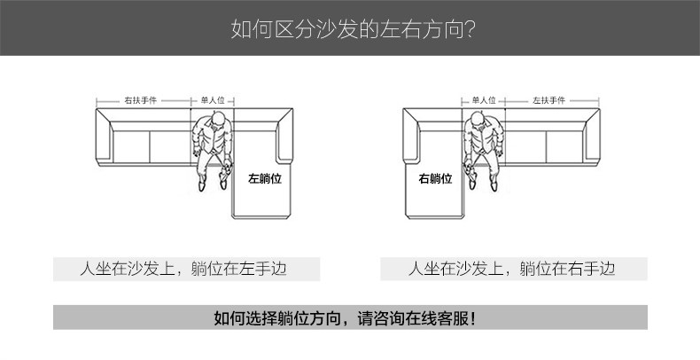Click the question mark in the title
click(471, 30)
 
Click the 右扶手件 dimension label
click(140, 100)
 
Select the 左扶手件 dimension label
click(549, 100)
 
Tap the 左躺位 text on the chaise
click(264, 177)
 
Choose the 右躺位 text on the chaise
click(435, 177)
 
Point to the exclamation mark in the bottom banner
click(472, 317)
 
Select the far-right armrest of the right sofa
click(596, 140)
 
